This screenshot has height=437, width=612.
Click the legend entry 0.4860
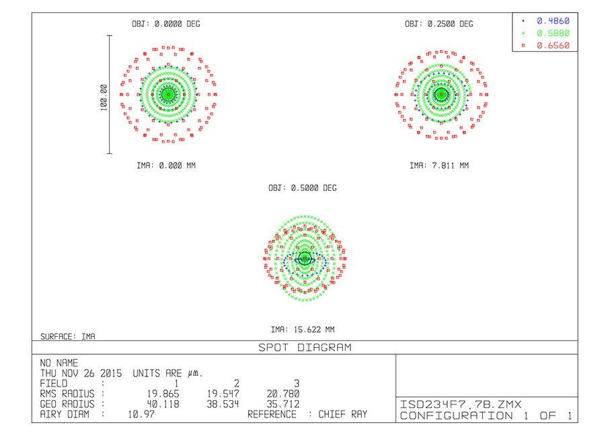[553, 21]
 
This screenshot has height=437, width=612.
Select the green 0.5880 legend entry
[553, 34]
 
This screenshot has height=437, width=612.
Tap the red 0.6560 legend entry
[553, 46]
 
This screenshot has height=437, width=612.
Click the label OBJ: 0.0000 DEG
[166, 24]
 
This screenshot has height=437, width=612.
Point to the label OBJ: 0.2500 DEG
[438, 24]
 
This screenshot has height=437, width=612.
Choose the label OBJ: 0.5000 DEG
[303, 188]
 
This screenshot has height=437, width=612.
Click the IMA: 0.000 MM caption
[166, 166]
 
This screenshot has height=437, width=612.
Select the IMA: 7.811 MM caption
[439, 166]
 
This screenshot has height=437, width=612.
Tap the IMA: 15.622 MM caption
[303, 329]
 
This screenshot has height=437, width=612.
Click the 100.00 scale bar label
[104, 97]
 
